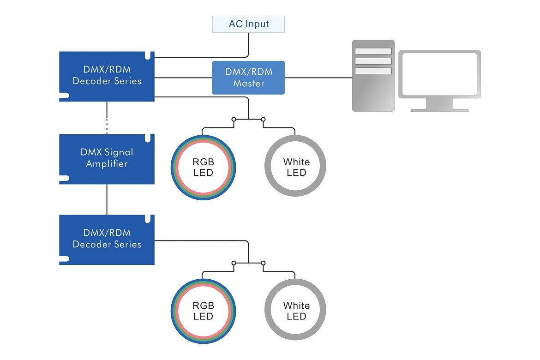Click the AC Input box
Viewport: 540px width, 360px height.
(x=248, y=24)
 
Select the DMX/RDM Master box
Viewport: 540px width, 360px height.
(x=248, y=78)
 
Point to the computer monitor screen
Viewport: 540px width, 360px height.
(x=439, y=74)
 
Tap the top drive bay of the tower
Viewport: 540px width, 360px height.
(x=373, y=51)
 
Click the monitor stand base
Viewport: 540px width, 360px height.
(x=439, y=110)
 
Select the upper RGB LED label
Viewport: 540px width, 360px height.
(x=204, y=168)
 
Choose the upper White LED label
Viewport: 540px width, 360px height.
(x=296, y=168)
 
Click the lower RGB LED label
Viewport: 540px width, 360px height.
(x=204, y=311)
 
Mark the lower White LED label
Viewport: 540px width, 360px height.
(x=296, y=311)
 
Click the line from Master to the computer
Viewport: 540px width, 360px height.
(x=318, y=78)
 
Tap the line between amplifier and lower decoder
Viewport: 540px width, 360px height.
(x=107, y=199)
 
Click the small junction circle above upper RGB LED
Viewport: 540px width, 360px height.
(x=234, y=120)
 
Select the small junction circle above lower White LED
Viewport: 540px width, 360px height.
(x=263, y=263)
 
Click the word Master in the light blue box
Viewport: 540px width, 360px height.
(x=248, y=84)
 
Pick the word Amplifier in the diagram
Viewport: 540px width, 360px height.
(x=107, y=164)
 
